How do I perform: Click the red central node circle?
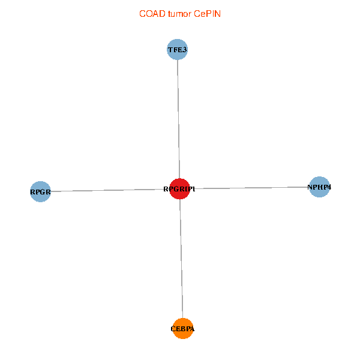click(x=180, y=189)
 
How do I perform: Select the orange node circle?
click(x=183, y=328)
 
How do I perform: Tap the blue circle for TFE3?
click(x=177, y=49)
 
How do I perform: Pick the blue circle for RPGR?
click(x=40, y=192)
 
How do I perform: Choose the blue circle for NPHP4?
click(x=319, y=187)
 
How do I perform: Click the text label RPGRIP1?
click(x=179, y=189)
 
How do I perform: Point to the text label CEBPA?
click(x=183, y=329)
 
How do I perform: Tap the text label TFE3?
click(x=177, y=49)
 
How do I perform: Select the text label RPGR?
click(x=40, y=193)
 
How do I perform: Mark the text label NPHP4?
click(x=319, y=187)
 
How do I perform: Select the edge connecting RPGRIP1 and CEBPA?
click(x=181, y=258)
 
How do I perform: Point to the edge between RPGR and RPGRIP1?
click(x=108, y=191)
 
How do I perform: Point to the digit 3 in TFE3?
click(x=185, y=49)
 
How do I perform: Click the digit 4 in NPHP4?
click(x=329, y=187)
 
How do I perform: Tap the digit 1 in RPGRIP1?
click(x=194, y=189)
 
